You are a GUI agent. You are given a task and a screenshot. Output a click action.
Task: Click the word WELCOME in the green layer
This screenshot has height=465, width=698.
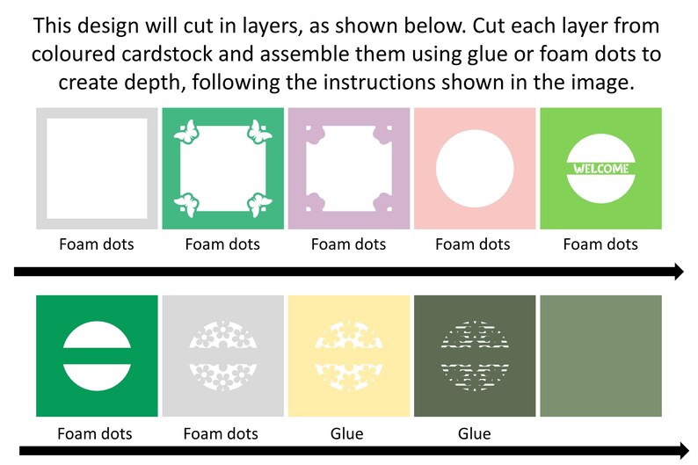tap(601, 169)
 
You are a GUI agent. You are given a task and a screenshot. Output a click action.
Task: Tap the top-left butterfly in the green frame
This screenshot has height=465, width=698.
tap(186, 132)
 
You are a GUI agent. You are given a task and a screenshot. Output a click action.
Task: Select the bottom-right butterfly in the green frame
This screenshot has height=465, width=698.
tap(259, 205)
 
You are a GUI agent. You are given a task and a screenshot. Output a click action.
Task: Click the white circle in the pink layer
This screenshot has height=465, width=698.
tap(475, 169)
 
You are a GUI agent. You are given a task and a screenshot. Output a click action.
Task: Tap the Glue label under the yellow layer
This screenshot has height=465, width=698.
tap(346, 433)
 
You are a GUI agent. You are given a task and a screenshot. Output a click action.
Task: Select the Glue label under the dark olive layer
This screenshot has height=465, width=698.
tap(475, 433)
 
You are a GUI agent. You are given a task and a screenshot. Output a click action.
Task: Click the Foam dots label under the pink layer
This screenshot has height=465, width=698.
tap(473, 243)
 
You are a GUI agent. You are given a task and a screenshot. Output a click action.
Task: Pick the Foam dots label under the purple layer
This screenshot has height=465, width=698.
tap(348, 243)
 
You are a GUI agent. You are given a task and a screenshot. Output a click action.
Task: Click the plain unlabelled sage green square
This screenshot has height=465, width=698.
tap(601, 356)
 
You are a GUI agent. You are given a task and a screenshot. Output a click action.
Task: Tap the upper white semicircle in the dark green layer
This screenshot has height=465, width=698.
tap(97, 335)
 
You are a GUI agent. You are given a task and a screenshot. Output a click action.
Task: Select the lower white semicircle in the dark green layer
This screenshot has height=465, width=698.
tap(97, 377)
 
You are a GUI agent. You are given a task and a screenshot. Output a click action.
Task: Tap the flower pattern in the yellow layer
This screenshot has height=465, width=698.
tap(348, 356)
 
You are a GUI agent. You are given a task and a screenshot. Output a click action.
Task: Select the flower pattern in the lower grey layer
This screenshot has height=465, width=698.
tap(222, 356)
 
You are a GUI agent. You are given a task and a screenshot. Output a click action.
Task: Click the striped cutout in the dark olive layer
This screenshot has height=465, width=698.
tap(475, 356)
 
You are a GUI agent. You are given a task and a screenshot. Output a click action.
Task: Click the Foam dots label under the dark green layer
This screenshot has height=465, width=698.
tap(95, 433)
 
